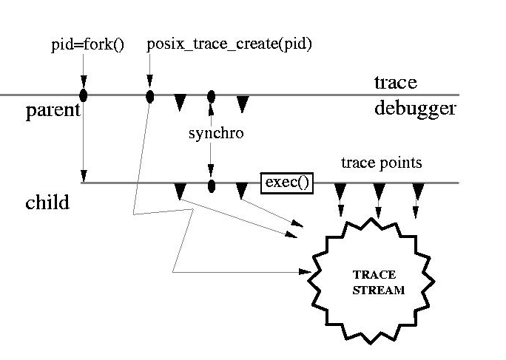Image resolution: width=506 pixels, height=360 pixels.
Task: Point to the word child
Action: (47, 202)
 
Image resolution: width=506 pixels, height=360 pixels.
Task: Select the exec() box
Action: (286, 183)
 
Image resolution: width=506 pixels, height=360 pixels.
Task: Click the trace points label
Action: (382, 162)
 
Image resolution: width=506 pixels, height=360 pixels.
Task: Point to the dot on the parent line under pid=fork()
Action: (84, 95)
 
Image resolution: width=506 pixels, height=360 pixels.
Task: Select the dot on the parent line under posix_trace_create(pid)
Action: (150, 96)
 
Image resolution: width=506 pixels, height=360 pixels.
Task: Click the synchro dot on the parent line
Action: (212, 96)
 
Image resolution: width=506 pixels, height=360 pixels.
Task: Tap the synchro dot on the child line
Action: (212, 185)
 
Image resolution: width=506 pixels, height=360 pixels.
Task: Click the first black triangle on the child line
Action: (180, 191)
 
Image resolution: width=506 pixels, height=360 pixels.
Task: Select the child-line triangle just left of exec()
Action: (242, 191)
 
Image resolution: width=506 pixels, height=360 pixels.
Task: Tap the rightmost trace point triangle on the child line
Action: (418, 191)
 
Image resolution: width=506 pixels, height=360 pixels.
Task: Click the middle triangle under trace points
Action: (379, 191)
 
